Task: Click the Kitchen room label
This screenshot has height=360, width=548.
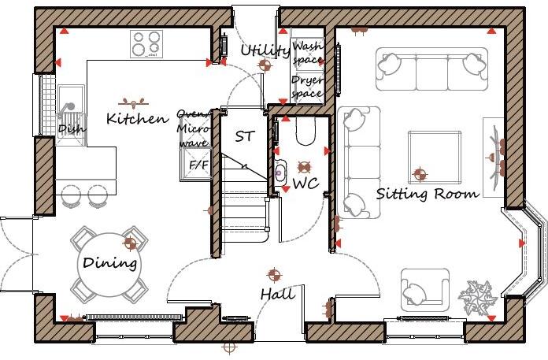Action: coord(138,119)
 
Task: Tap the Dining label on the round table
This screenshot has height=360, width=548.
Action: coord(110,263)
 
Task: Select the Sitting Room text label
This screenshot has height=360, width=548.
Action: coord(427,193)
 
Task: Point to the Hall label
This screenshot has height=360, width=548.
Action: coord(278,295)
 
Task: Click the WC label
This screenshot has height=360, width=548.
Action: coord(305,184)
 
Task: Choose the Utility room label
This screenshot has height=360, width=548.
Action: coord(265,51)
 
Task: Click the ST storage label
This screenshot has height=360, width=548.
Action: coord(245,136)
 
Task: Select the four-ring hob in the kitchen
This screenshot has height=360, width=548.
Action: coord(146,44)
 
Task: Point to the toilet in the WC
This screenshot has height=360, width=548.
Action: coord(305,132)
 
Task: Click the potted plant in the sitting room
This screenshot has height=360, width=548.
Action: coord(479,297)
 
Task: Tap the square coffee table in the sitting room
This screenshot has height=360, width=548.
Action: coord(435,158)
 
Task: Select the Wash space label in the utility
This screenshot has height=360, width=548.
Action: coord(308,53)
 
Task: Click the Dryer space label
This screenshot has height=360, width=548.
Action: coord(307,87)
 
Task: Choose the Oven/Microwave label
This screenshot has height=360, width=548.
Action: coord(193,128)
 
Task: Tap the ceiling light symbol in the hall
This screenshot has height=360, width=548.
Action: coord(274,275)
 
